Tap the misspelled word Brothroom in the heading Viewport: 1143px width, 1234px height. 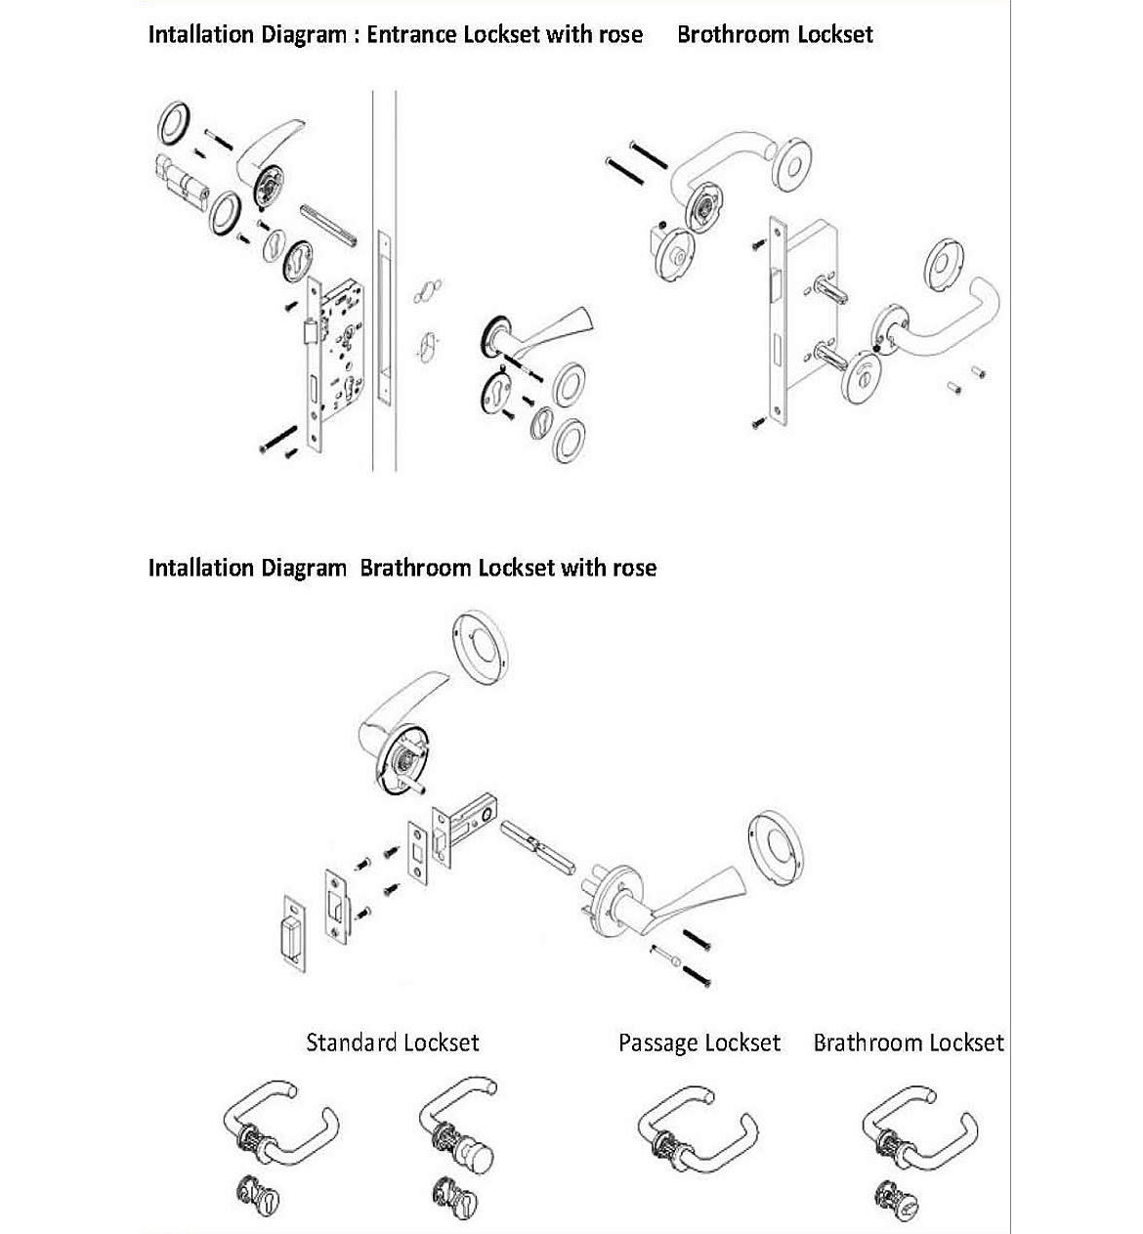tap(733, 35)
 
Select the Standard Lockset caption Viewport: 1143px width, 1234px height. tap(393, 1043)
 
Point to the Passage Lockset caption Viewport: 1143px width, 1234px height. tap(699, 1043)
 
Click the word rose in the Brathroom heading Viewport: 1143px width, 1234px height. tap(633, 568)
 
